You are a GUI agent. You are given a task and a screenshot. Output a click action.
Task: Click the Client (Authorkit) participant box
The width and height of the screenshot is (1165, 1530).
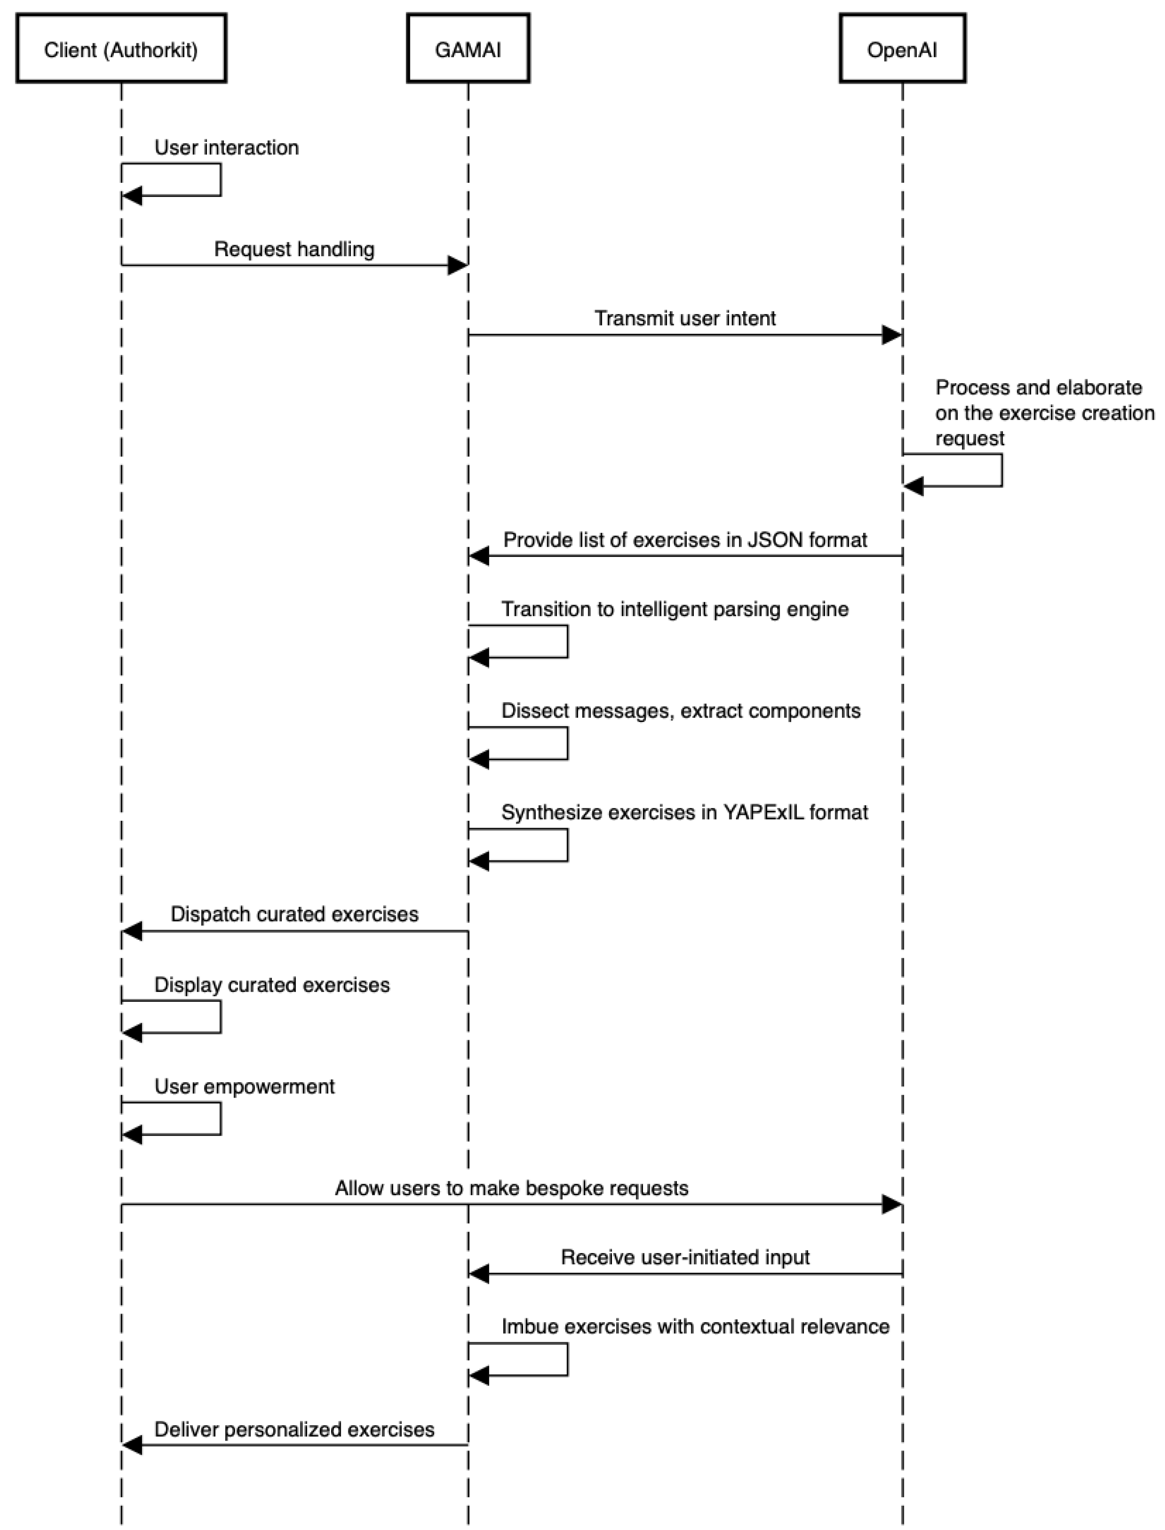click(x=121, y=49)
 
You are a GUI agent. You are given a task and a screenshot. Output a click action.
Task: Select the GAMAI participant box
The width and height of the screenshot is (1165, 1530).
click(x=468, y=49)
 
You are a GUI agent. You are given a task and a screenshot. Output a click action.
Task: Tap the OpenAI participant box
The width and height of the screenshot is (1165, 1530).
click(x=902, y=49)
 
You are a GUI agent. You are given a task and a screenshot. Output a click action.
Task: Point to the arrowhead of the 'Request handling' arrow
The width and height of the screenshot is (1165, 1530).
click(x=458, y=265)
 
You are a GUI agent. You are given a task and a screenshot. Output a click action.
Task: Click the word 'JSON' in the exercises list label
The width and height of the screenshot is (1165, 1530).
click(x=775, y=540)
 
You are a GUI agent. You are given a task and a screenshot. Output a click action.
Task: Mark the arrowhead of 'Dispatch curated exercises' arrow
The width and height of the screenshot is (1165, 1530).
click(x=132, y=931)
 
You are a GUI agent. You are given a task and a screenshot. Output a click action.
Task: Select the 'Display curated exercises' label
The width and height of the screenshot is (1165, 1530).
click(x=272, y=985)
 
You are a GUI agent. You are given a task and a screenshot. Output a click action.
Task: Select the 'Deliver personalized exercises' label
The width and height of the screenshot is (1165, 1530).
click(x=294, y=1429)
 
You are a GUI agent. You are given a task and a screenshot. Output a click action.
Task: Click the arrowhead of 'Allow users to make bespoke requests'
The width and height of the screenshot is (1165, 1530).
click(x=892, y=1205)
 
